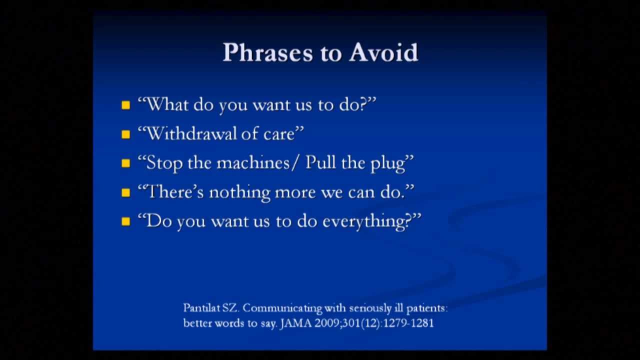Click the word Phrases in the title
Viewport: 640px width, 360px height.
click(x=268, y=52)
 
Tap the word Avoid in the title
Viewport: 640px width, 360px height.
click(x=383, y=52)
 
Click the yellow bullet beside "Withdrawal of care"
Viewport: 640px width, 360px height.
click(x=125, y=134)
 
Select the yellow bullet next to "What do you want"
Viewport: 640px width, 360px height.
click(x=125, y=105)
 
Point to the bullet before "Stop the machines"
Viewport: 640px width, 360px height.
click(x=125, y=163)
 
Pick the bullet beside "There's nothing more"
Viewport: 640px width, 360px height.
click(x=125, y=193)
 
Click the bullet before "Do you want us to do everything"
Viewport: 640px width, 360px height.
click(x=125, y=221)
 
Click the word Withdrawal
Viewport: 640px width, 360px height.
click(x=191, y=133)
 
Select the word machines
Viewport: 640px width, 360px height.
click(x=253, y=163)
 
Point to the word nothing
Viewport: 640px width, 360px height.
click(x=239, y=193)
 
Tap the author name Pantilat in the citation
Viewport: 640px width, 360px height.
click(x=201, y=308)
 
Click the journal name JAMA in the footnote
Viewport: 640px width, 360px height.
click(x=296, y=323)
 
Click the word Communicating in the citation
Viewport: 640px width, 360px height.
click(x=282, y=308)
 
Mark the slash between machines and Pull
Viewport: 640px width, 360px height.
click(x=295, y=163)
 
